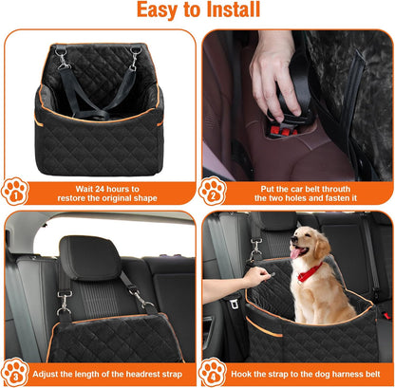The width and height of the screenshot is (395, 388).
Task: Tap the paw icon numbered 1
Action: [15, 192]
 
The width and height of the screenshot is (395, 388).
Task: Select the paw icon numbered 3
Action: [15, 372]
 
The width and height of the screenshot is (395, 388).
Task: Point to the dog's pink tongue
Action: [294, 255]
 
